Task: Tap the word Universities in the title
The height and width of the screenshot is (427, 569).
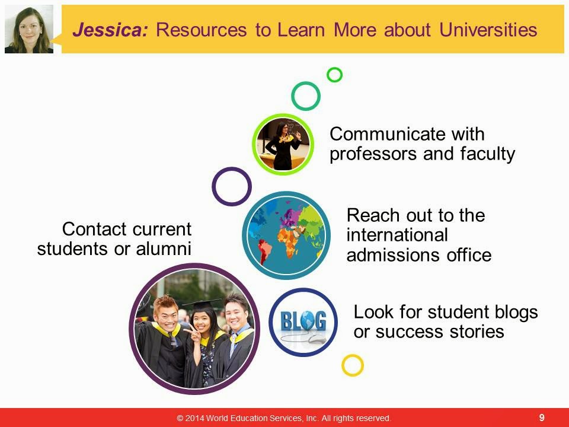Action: pos(488,30)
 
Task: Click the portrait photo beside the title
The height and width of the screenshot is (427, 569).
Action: pos(29,29)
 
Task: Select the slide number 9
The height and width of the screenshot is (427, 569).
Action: pos(542,418)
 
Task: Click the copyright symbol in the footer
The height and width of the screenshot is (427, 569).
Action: pos(180,418)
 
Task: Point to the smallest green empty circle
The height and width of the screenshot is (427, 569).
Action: pos(334,75)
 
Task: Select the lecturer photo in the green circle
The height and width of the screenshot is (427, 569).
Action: pos(283,144)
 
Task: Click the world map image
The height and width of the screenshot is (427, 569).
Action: pos(286,235)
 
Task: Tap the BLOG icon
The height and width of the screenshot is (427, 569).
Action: pos(303,323)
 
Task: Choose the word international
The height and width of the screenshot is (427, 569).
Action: pos(397,235)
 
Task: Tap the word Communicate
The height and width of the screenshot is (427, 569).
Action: pos(388,134)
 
